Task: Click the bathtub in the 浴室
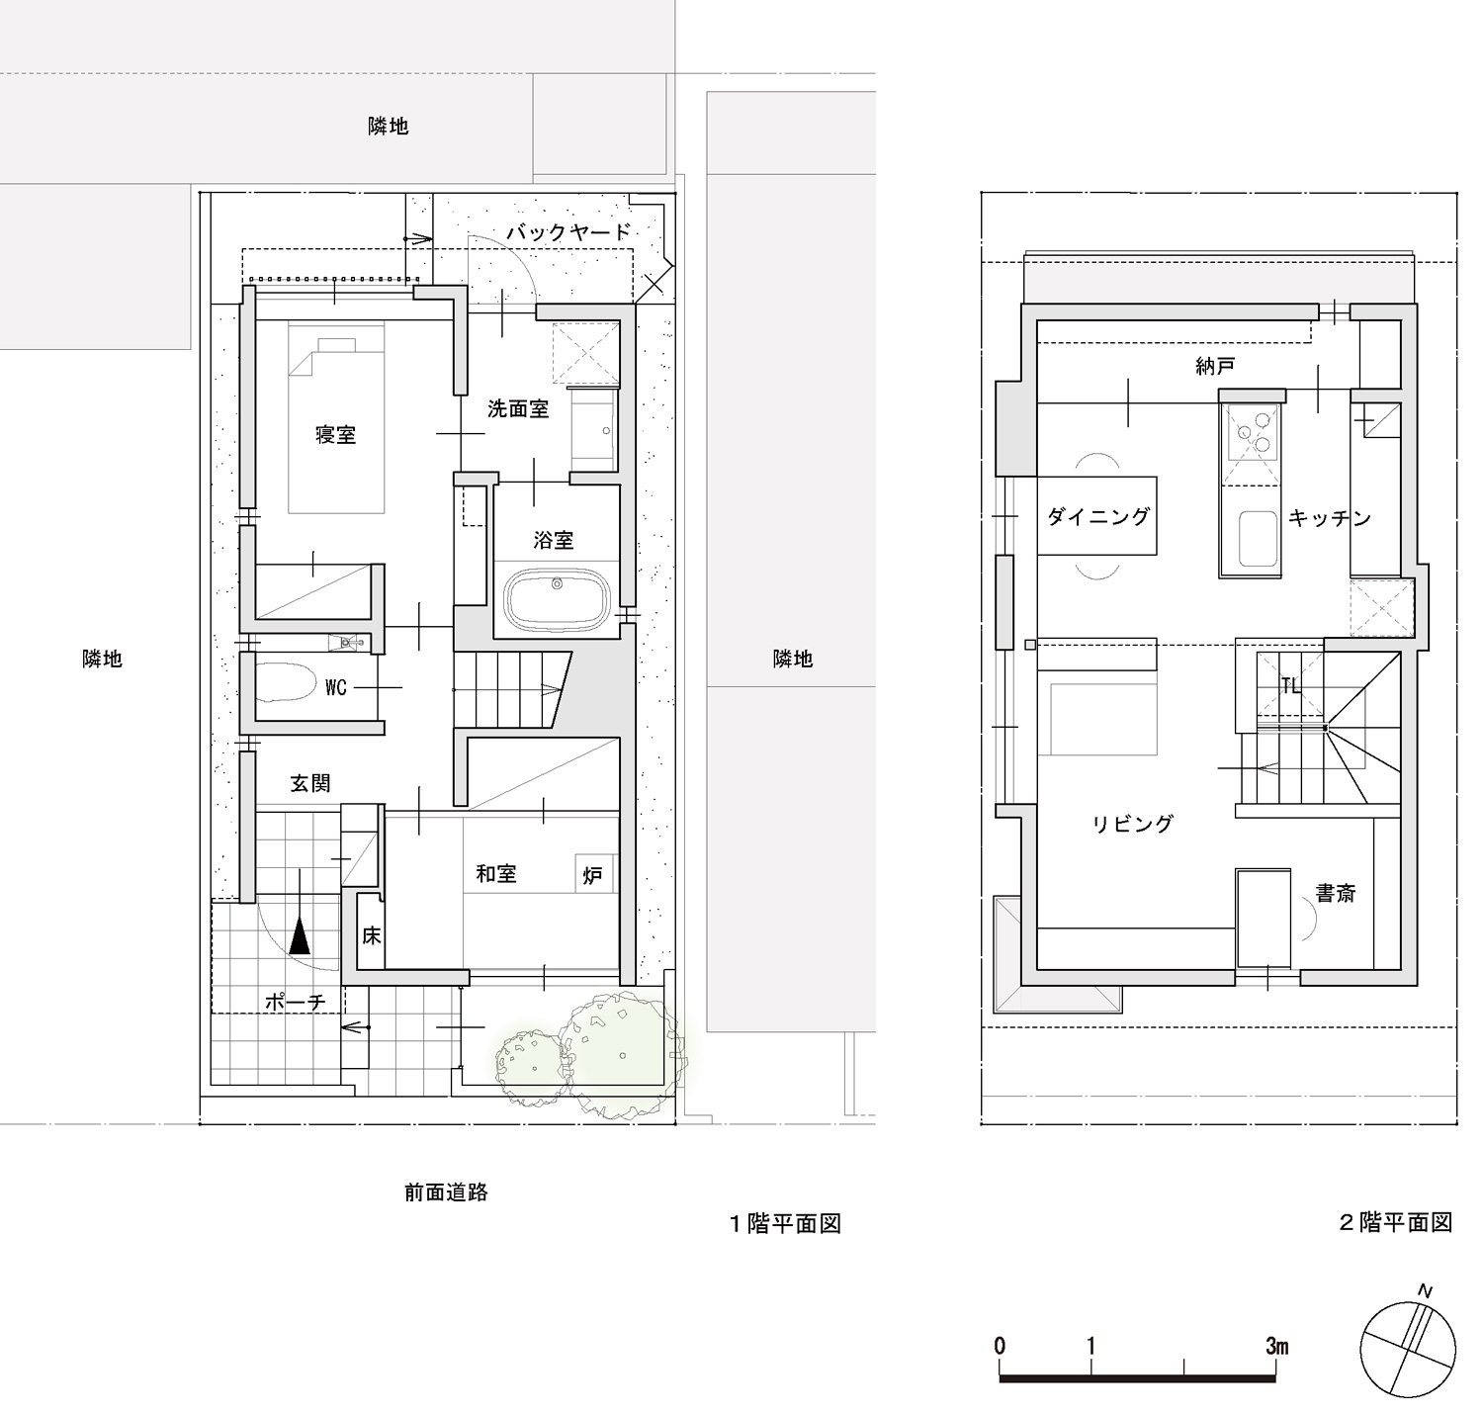[557, 601]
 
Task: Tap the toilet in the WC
[285, 681]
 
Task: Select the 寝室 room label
[336, 435]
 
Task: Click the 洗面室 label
[517, 409]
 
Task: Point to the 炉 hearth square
[594, 874]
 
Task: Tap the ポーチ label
[295, 1002]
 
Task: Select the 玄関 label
[310, 783]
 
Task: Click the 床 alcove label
[371, 935]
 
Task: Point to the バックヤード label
[568, 231]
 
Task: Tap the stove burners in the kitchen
[1252, 433]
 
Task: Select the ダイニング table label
[1098, 516]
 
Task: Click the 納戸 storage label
[1215, 367]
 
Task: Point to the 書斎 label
[1335, 893]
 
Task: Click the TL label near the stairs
[1290, 685]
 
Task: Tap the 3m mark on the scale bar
[1276, 1345]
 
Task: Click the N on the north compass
[1425, 1291]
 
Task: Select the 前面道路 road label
[446, 1193]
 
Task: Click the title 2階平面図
[1395, 1222]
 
